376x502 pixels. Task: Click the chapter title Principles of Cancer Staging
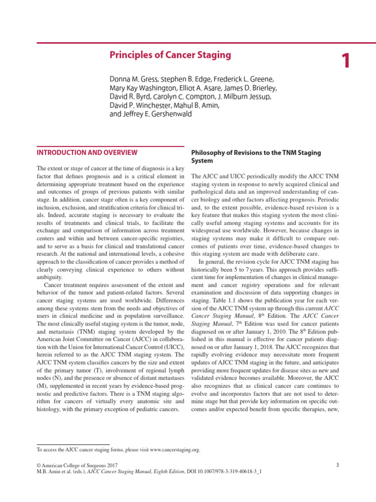pos(170,55)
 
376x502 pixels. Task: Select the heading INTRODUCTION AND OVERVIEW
pos(87,152)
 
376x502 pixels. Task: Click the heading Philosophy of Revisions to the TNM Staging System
pos(255,156)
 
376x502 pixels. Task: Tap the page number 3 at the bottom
pos(337,465)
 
